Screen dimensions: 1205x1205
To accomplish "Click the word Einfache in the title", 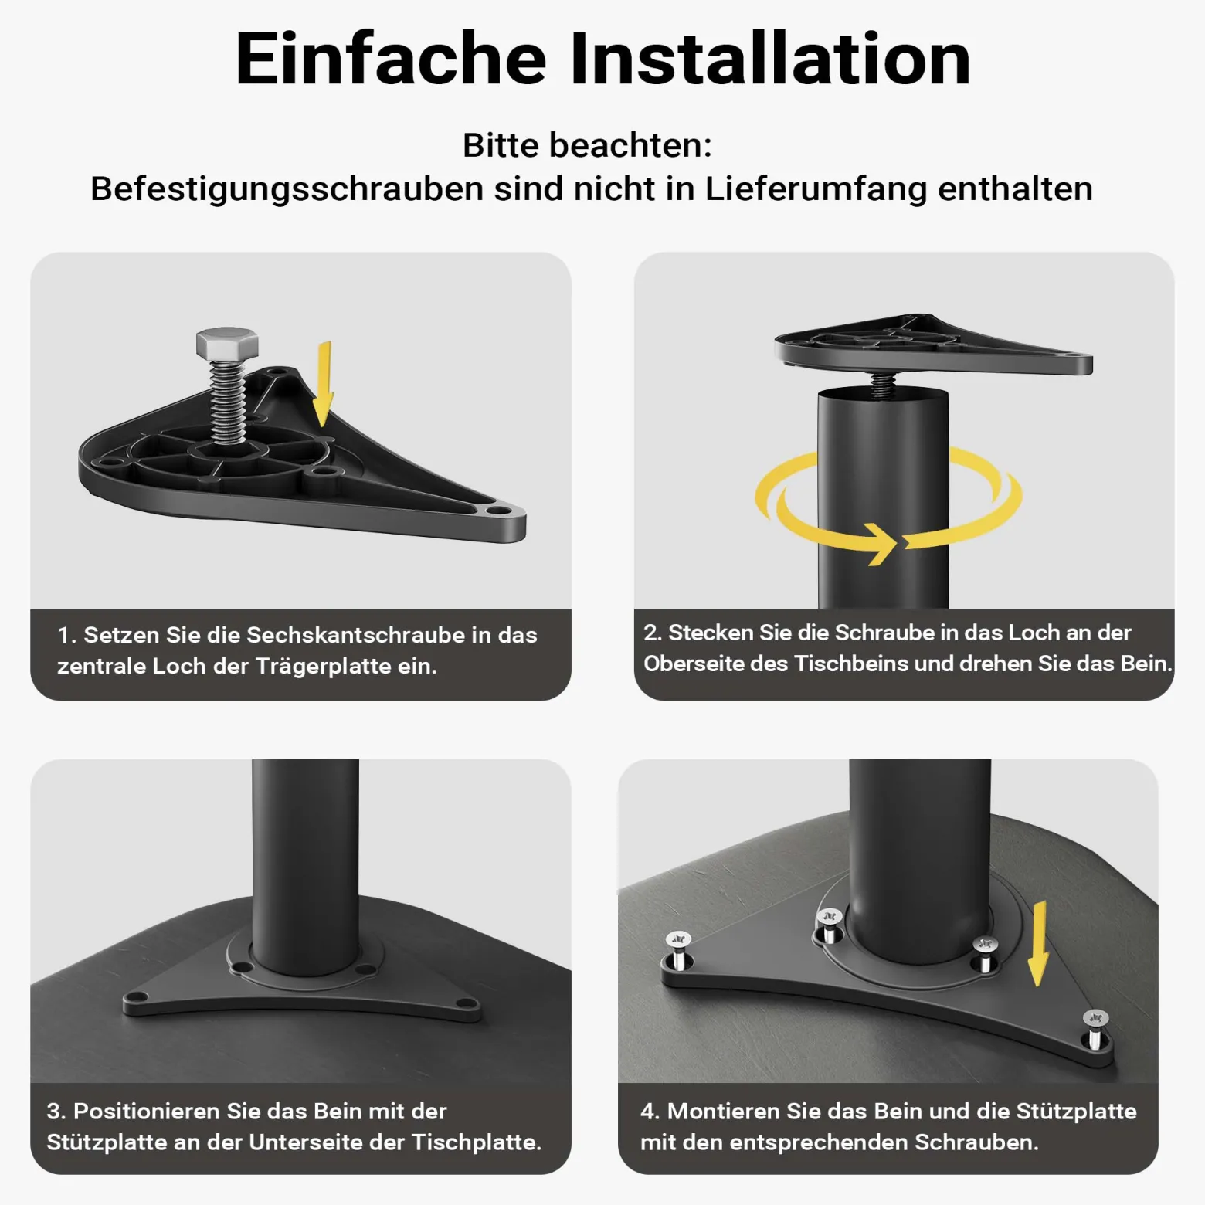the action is tap(391, 59).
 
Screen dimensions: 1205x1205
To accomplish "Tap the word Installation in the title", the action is tap(771, 59).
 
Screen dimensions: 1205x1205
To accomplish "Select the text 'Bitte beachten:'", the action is tap(587, 145).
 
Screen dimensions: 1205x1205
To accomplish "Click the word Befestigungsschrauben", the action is tap(287, 189).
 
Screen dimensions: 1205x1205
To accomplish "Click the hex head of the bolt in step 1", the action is tap(226, 344).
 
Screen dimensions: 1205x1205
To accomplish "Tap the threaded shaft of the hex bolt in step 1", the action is tap(228, 402).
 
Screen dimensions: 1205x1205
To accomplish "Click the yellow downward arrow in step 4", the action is tap(1039, 944).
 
